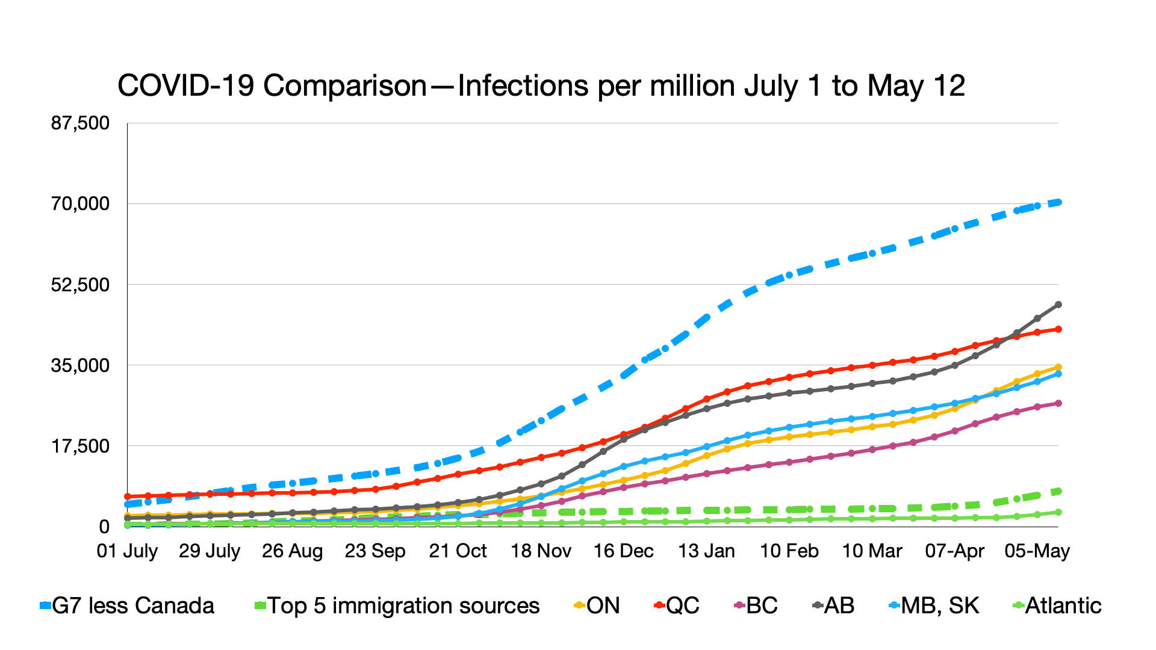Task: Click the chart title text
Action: coord(541,85)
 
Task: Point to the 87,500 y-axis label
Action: coord(80,123)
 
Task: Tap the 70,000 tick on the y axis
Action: coord(80,204)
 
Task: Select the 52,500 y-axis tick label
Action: coord(80,285)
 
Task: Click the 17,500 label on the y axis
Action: coord(80,446)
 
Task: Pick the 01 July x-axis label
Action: coord(127,551)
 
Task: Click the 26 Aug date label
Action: coord(292,551)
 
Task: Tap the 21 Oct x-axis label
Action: coord(458,551)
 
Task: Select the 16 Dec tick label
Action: coord(623,551)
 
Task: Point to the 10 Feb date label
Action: coord(789,551)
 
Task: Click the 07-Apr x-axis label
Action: coord(954,551)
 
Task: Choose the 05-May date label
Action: coord(1037,551)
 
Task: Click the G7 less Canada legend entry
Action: coord(127,605)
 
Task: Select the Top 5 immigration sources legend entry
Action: coord(397,605)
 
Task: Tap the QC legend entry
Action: coord(677,605)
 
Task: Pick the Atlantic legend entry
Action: coord(1057,605)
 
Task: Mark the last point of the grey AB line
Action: coord(1058,305)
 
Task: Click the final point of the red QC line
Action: coord(1058,329)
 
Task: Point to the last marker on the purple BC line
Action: coord(1058,403)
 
